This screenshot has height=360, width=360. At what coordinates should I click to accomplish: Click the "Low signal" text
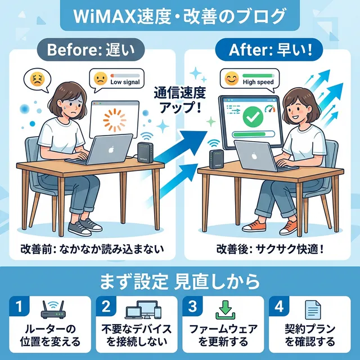tap(124, 82)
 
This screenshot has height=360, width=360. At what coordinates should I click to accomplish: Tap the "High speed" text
tap(257, 82)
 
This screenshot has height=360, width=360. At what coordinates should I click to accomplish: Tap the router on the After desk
tap(214, 159)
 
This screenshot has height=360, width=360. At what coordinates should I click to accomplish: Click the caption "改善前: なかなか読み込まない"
tap(92, 248)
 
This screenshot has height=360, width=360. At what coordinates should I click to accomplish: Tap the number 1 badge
tap(19, 307)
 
